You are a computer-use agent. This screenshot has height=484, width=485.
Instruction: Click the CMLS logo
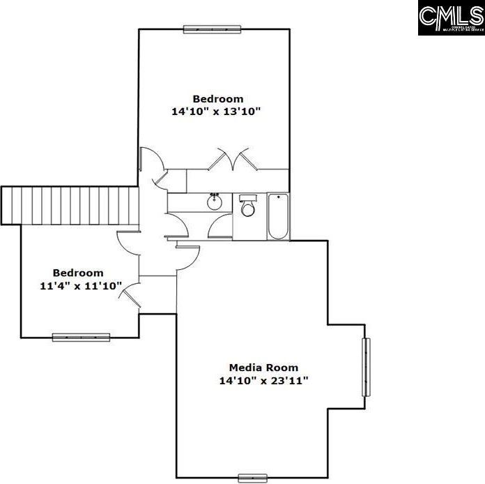[451, 18]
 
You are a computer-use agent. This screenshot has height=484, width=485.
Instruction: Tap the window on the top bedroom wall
[213, 29]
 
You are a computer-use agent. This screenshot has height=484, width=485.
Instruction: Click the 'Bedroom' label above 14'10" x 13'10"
[218, 99]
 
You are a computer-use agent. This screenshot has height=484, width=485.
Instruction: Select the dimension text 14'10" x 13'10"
[216, 112]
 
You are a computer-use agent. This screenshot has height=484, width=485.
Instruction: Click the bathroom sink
[215, 202]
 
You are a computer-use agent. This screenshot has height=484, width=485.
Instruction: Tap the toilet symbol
[247, 207]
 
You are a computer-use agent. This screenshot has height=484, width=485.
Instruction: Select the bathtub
[278, 216]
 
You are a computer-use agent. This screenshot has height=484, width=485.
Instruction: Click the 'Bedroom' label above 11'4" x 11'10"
[78, 273]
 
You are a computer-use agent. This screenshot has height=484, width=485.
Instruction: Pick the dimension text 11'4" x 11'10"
[81, 285]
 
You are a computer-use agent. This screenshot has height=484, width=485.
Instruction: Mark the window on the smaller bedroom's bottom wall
[81, 338]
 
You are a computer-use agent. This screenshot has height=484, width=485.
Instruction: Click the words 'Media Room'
[263, 368]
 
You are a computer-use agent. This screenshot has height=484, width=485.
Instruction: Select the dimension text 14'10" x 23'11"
[263, 381]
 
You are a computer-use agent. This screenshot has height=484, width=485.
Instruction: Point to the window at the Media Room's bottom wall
[252, 478]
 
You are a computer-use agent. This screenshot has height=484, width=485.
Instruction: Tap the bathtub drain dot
[278, 199]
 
